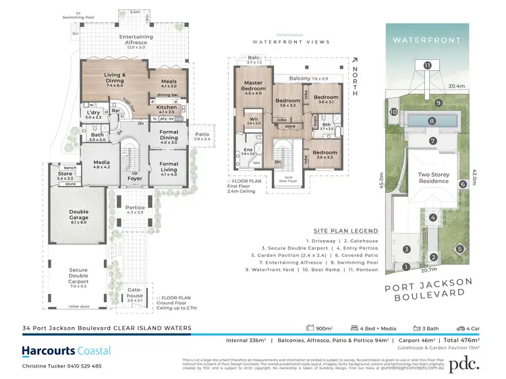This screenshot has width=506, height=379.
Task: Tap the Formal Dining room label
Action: pyautogui.click(x=169, y=136)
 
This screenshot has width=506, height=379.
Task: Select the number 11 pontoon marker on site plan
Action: pyautogui.click(x=427, y=65)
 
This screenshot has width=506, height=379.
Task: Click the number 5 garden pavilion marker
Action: pyautogui.click(x=460, y=248)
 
